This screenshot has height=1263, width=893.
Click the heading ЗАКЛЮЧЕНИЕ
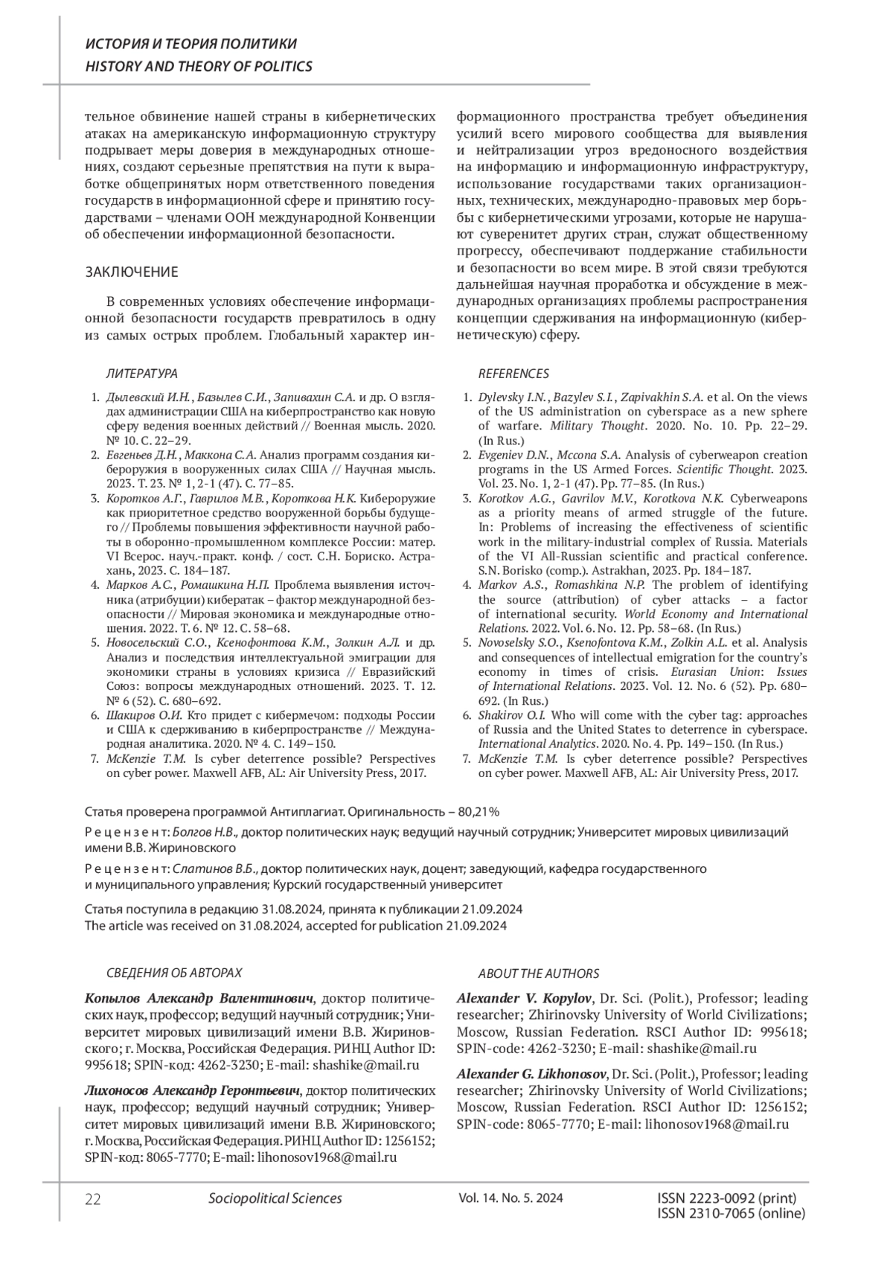pyautogui.click(x=132, y=272)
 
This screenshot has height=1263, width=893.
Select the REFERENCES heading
pyautogui.click(x=513, y=374)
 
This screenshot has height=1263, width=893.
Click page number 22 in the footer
pyautogui.click(x=93, y=1199)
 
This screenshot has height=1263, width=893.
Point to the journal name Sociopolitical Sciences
pyautogui.click(x=275, y=1198)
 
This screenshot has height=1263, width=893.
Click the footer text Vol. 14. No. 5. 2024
pyautogui.click(x=511, y=1198)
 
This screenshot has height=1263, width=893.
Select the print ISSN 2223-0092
pyautogui.click(x=727, y=1198)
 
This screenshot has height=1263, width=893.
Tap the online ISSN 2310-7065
pyautogui.click(x=732, y=1213)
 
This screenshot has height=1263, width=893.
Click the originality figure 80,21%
pyautogui.click(x=473, y=810)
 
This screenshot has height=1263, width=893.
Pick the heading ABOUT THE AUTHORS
pyautogui.click(x=538, y=973)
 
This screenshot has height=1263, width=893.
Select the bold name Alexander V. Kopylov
pyautogui.click(x=524, y=998)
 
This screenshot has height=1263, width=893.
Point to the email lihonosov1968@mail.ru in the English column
pyautogui.click(x=717, y=1125)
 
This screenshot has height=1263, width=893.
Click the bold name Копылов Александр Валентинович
pyautogui.click(x=199, y=998)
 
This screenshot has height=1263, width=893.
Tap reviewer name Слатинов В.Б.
pyautogui.click(x=214, y=869)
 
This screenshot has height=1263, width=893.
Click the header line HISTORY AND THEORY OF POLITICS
pyautogui.click(x=199, y=66)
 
